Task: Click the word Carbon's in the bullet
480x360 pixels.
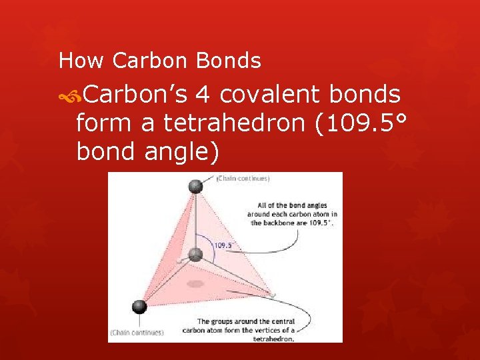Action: [x=137, y=95]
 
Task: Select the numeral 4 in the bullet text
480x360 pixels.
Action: [x=203, y=95]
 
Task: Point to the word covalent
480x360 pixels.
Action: [x=271, y=95]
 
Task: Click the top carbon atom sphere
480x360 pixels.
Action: [x=195, y=187]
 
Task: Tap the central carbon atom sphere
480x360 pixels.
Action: [x=195, y=254]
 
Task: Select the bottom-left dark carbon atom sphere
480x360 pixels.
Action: [x=139, y=307]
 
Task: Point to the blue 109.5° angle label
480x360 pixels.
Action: [x=223, y=245]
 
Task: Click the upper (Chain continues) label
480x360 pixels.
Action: [x=243, y=179]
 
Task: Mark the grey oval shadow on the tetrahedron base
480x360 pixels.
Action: [x=195, y=284]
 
